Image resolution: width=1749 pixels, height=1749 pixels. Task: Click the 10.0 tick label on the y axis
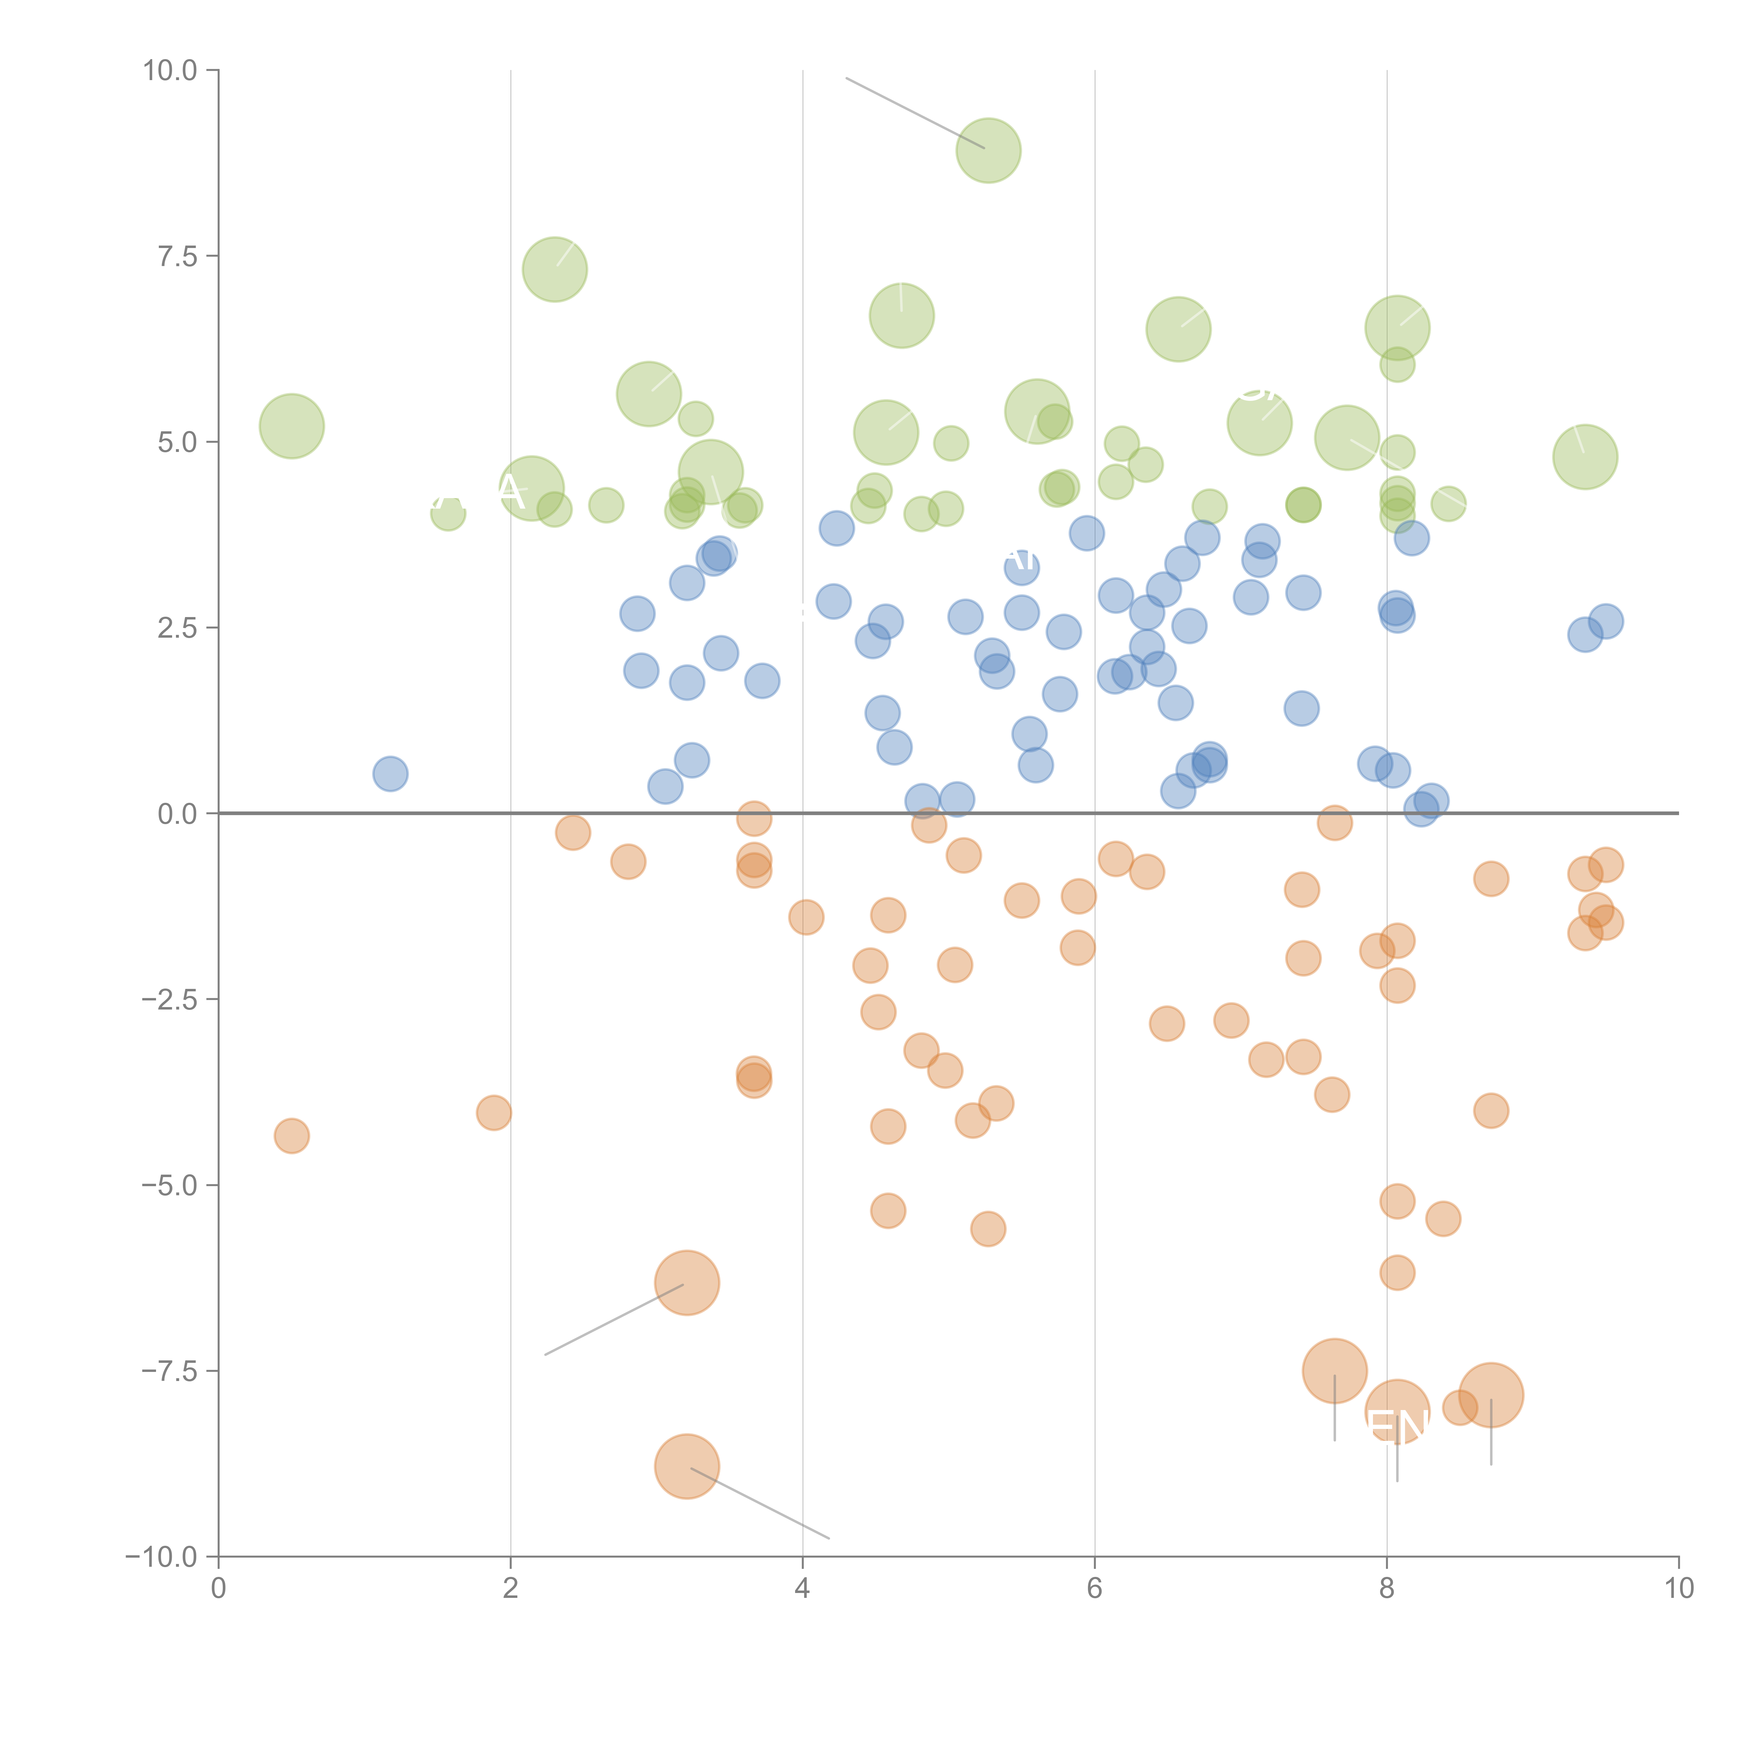[x=170, y=71]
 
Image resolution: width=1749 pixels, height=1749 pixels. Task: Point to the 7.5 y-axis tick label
[x=177, y=256]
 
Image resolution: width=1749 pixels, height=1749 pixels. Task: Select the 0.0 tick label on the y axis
[x=177, y=814]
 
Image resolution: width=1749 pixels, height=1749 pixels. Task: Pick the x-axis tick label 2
[x=511, y=1589]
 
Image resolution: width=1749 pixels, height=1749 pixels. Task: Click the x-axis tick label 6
[x=1095, y=1589]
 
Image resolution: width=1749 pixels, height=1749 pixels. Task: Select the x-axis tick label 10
[x=1678, y=1589]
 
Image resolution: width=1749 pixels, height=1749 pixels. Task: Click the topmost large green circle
[x=989, y=150]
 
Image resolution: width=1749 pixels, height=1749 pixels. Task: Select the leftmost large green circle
[x=291, y=426]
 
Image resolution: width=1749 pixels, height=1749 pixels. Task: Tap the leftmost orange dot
[x=291, y=1135]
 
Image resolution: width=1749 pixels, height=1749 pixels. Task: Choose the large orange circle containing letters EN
[x=1397, y=1412]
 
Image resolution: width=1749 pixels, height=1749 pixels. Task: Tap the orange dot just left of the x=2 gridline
[x=493, y=1113]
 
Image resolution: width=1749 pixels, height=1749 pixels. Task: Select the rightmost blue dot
[x=1605, y=621]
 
